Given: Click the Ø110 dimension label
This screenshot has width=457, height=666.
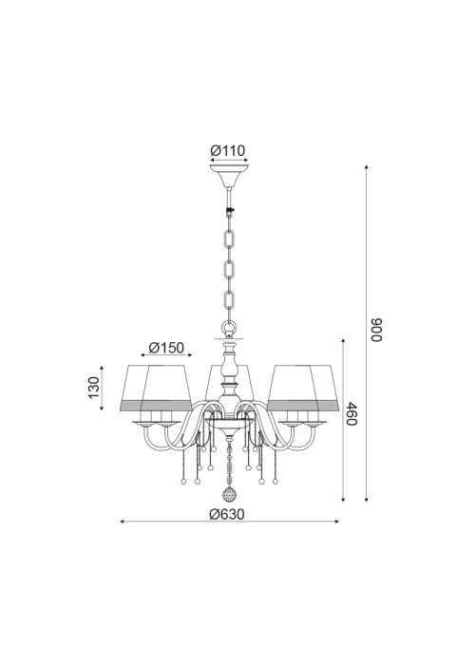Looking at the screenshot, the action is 228,150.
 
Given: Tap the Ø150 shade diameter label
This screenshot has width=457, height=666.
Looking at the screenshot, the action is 166,348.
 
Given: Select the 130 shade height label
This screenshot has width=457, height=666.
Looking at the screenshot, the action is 93,388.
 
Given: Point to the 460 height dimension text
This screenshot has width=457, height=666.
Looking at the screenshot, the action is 352,413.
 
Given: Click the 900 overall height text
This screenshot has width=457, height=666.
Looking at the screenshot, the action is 376,330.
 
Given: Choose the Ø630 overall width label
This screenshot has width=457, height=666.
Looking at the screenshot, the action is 227,514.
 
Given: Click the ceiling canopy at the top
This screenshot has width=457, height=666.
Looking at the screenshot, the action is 229,174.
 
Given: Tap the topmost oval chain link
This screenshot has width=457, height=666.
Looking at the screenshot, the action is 229,239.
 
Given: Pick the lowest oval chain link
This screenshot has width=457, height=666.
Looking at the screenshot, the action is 229,301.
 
